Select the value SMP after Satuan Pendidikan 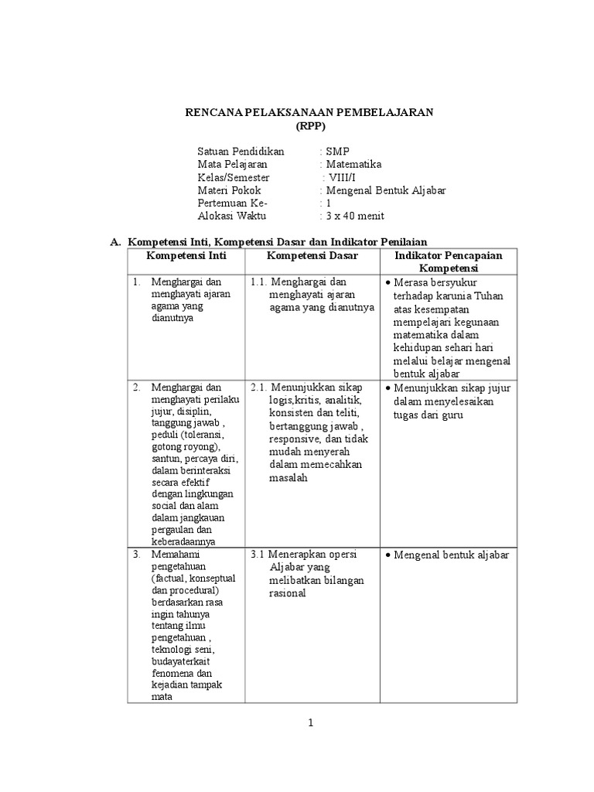tap(337, 151)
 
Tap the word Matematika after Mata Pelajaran tap(353, 164)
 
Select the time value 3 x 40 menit tap(354, 216)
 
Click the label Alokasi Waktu tap(230, 216)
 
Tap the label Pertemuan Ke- tap(232, 203)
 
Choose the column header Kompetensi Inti tap(186, 255)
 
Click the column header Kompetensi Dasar tap(312, 255)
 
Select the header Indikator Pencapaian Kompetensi tap(449, 261)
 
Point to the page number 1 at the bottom tap(310, 723)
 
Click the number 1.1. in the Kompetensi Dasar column tap(260, 282)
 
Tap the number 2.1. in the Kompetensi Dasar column tap(260, 387)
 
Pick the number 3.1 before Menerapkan tap(258, 555)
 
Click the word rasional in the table tap(288, 593)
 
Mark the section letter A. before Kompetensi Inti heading tap(116, 242)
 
